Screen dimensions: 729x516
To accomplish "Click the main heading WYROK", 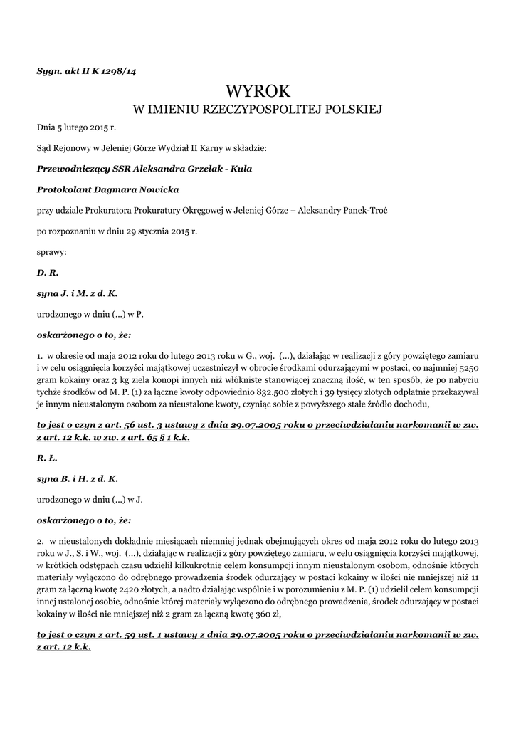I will pyautogui.click(x=258, y=90).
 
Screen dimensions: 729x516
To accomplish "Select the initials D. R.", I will pyautogui.click(x=47, y=272).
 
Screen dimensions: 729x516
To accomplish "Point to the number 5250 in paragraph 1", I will pyautogui.click(x=466, y=369).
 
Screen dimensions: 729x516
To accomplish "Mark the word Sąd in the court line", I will pyautogui.click(x=45, y=148).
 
